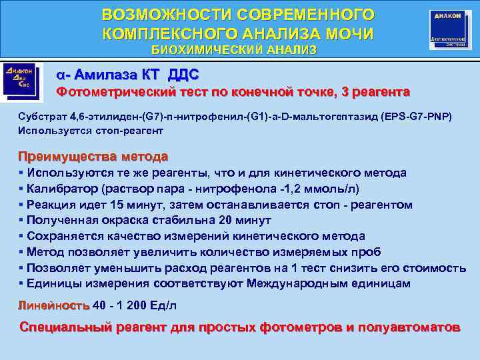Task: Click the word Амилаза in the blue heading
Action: pyautogui.click(x=107, y=73)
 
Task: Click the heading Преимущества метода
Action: pyautogui.click(x=93, y=157)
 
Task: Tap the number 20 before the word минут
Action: pyautogui.click(x=225, y=220)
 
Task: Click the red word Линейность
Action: pyautogui.click(x=54, y=305)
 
